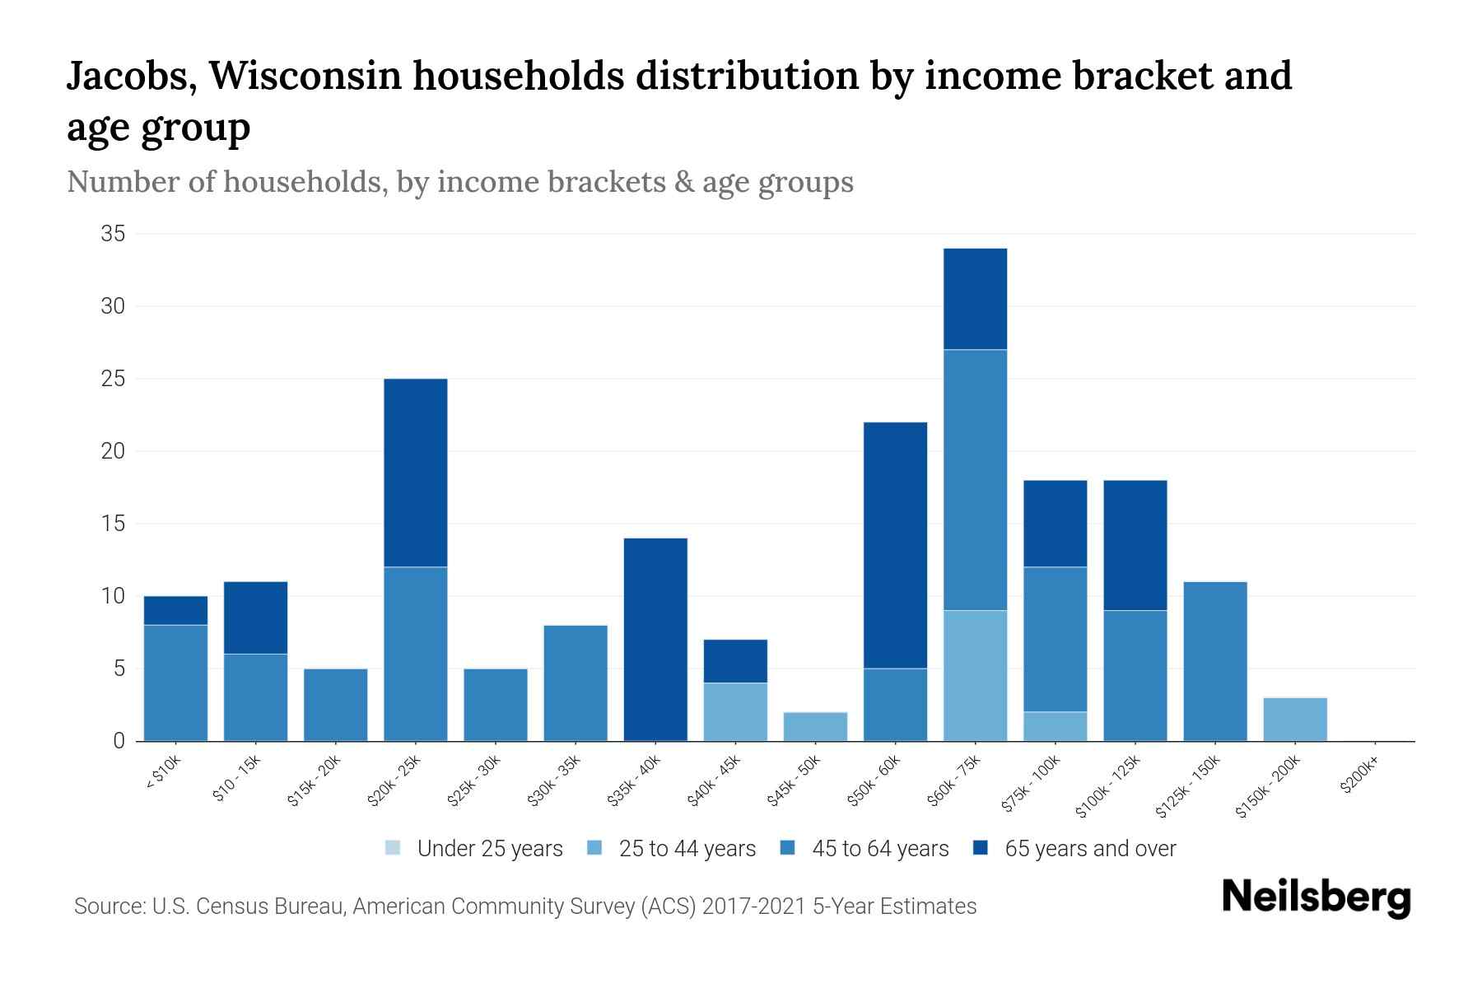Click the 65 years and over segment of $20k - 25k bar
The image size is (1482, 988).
(416, 473)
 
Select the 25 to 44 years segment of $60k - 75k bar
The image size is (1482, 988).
(975, 675)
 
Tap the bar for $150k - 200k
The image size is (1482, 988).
(1295, 719)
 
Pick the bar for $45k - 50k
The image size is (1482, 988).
(815, 726)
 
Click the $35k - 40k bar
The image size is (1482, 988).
(655, 639)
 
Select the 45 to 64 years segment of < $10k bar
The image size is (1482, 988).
(175, 683)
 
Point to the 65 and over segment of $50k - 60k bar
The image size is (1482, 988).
(895, 545)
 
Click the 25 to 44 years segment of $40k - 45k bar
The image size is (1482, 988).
(735, 711)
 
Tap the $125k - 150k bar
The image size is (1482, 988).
(1215, 661)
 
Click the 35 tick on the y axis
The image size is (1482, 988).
(113, 234)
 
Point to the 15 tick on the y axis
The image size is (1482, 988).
(113, 524)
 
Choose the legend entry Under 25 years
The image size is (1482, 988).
(489, 849)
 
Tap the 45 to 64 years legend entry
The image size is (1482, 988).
(879, 849)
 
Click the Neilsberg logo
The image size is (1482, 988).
(1316, 897)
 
